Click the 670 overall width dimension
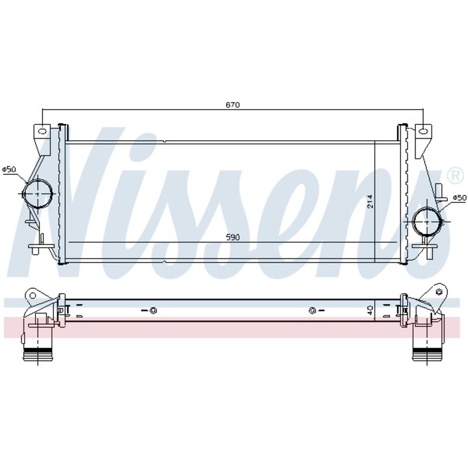tap(233, 104)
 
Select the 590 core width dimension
tap(233, 237)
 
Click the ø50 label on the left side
tap(9, 170)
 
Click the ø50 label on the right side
tap(459, 197)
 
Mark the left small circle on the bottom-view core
tap(153, 309)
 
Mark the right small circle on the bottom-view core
tap(312, 309)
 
